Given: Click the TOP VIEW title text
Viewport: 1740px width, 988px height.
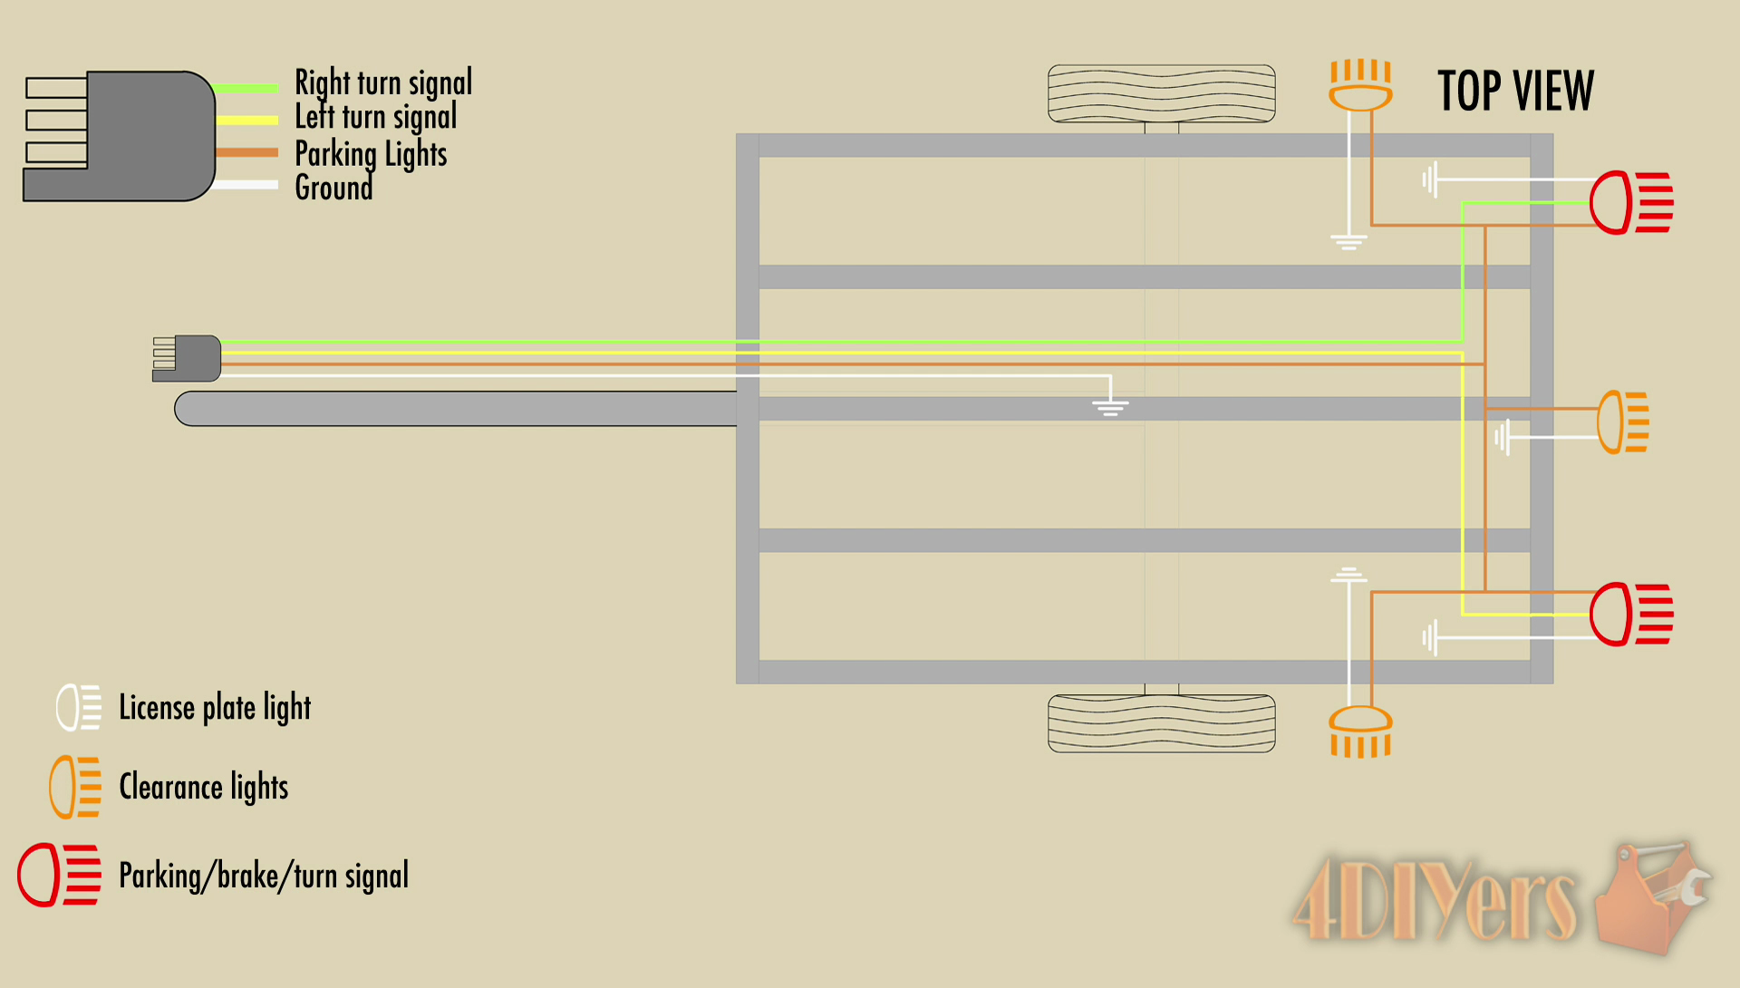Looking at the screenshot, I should [1514, 91].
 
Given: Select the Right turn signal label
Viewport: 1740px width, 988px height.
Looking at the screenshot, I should [382, 82].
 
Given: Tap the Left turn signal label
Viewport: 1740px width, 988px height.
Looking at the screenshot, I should [375, 117].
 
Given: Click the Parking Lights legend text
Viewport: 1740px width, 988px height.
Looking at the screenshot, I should [371, 153].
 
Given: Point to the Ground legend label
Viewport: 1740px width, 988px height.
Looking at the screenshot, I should [333, 188].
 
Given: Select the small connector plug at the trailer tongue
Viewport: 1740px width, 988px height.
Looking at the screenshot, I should [188, 358].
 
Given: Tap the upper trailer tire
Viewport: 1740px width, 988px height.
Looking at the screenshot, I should [1161, 93].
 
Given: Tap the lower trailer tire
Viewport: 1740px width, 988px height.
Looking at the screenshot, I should [1161, 723].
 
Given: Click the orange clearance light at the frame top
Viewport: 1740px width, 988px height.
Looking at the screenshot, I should [1360, 85].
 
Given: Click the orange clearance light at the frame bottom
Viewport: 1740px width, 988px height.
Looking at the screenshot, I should [1360, 731].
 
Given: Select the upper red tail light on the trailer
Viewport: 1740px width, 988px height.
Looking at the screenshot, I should [1630, 202].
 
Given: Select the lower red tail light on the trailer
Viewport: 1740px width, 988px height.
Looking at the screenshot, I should [1630, 614].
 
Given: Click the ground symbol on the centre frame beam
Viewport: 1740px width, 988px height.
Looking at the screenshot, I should [1110, 406].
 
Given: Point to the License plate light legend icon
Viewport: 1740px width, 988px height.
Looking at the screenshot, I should [78, 707].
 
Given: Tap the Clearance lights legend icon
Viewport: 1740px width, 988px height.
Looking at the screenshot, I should [74, 787].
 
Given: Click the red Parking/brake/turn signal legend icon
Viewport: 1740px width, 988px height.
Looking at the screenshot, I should [59, 875].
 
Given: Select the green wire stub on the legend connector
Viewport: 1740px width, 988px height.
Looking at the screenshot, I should [246, 88].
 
